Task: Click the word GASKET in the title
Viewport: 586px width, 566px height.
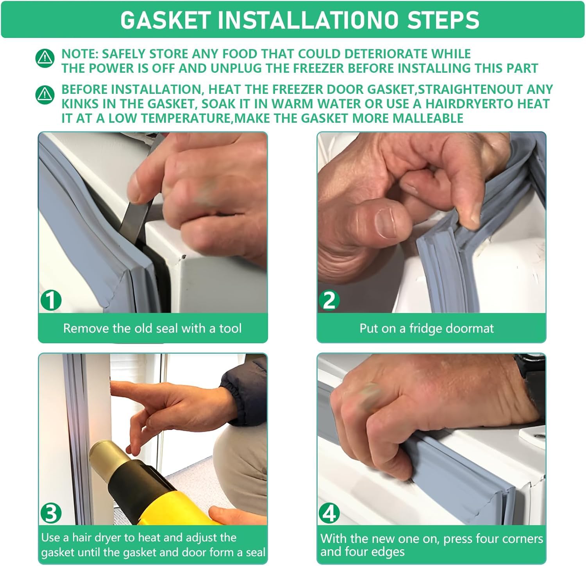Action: (166, 20)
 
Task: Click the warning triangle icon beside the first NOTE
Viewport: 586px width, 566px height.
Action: (45, 58)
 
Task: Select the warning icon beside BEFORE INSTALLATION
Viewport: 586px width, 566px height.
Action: (45, 95)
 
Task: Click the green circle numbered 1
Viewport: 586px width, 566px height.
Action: (51, 300)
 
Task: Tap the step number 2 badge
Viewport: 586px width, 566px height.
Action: (329, 300)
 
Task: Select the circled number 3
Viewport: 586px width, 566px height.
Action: (51, 513)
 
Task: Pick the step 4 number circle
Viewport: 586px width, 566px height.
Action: (329, 513)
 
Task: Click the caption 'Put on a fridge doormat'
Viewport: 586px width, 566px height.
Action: (427, 328)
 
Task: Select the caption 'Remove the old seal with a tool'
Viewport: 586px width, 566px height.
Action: (152, 328)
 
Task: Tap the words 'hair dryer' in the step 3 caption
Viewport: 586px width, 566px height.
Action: (93, 538)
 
